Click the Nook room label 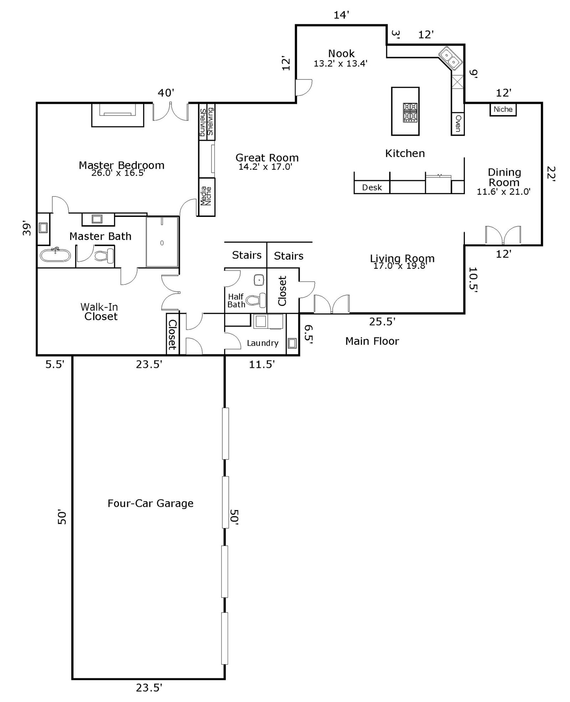(x=341, y=53)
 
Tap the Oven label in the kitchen (x=458, y=123)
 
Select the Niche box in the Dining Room (x=503, y=109)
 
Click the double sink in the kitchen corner (x=450, y=58)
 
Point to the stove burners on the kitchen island (x=410, y=113)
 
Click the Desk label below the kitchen (x=372, y=187)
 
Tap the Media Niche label (x=206, y=196)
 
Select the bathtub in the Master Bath (x=55, y=255)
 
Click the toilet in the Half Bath (x=256, y=300)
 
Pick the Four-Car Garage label (x=150, y=503)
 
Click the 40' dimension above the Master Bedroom (x=166, y=93)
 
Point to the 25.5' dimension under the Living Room (x=382, y=322)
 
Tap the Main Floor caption (x=372, y=341)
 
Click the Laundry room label (x=263, y=343)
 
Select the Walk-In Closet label (x=99, y=312)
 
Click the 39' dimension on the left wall (x=27, y=229)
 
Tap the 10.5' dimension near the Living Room (x=473, y=280)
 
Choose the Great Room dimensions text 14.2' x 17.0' (x=265, y=167)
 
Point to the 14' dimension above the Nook (x=341, y=15)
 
